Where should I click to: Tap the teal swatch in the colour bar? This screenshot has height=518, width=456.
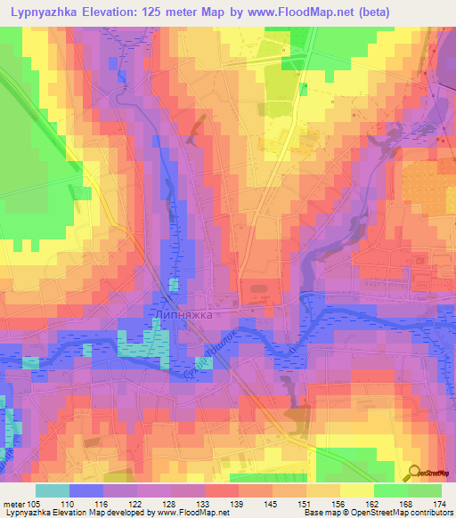(53, 490)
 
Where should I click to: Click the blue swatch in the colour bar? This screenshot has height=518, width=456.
(86, 490)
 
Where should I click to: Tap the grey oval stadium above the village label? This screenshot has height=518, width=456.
(258, 287)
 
